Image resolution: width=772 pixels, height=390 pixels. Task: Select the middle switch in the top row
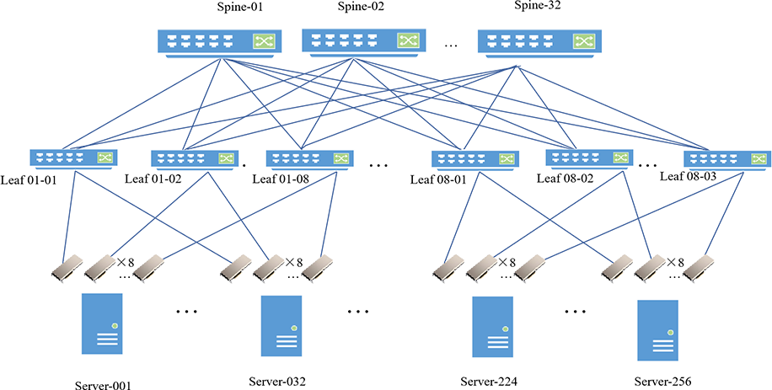pyautogui.click(x=362, y=40)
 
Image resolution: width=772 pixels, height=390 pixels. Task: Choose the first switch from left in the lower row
pyautogui.click(x=72, y=158)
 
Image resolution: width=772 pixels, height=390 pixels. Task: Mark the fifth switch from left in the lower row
pyautogui.click(x=588, y=158)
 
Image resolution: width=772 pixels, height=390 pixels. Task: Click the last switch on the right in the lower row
pyautogui.click(x=726, y=158)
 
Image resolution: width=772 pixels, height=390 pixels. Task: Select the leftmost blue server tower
pyautogui.click(x=102, y=324)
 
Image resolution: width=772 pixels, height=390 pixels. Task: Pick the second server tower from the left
pyautogui.click(x=281, y=325)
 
